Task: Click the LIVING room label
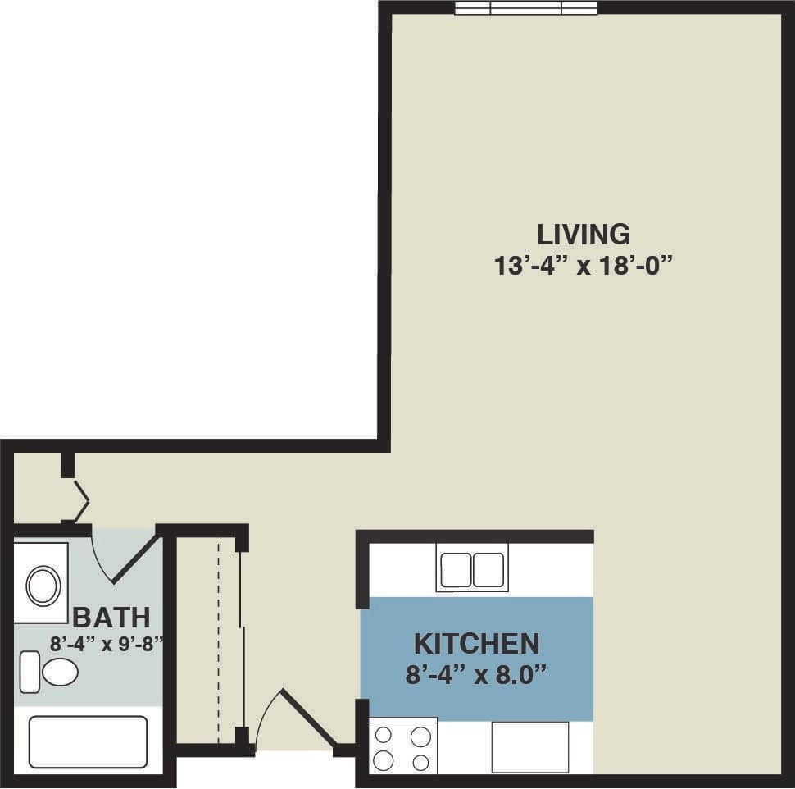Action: (x=584, y=235)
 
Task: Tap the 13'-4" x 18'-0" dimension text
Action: (x=584, y=266)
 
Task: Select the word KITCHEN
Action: (x=476, y=642)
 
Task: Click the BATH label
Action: (x=111, y=616)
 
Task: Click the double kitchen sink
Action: (x=472, y=569)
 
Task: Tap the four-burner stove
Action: (x=402, y=747)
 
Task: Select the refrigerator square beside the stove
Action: (x=529, y=746)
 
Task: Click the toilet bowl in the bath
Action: (x=60, y=673)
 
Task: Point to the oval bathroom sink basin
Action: (x=43, y=585)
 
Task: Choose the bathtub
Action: (x=88, y=742)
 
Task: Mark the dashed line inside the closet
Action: (x=218, y=640)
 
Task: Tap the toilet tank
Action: (x=29, y=672)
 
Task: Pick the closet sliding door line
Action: (x=241, y=640)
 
